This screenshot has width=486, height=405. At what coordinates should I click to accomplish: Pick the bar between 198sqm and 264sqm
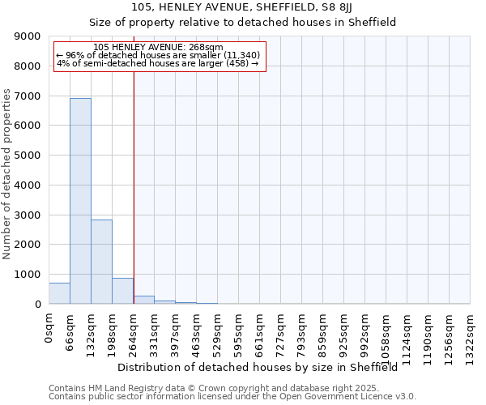tap(122, 291)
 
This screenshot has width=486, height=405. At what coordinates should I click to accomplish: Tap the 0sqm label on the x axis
tap(49, 328)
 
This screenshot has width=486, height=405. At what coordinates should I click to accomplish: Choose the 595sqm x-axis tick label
tap(238, 333)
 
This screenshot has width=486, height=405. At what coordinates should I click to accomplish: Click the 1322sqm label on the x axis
tap(470, 335)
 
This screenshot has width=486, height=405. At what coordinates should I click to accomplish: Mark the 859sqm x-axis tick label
tap(322, 333)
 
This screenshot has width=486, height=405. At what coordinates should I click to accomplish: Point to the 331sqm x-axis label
tap(154, 333)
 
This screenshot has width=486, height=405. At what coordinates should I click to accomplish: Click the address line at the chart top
tap(242, 7)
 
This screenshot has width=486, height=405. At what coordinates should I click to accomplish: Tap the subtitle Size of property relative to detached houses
tap(242, 22)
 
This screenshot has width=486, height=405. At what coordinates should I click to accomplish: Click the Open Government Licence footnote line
tap(232, 396)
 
